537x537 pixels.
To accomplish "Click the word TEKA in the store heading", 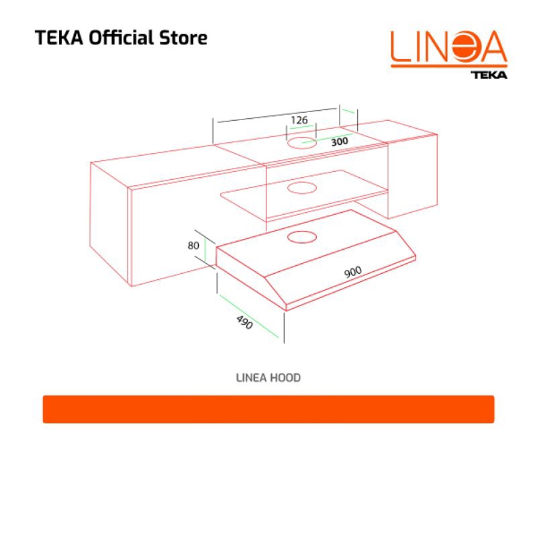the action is (59, 38).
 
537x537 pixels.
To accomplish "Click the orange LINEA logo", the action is (449, 48).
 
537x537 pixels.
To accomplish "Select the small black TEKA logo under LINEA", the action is (489, 75).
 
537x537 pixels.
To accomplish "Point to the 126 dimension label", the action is (299, 120).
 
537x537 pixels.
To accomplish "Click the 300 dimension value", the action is (340, 141).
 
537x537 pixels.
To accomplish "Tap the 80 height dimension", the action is (193, 245).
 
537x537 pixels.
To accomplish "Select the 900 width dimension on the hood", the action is (353, 272).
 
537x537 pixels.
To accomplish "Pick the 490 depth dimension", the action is (244, 322).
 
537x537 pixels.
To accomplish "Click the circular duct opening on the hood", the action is (301, 237).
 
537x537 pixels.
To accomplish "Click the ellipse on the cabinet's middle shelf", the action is (301, 188).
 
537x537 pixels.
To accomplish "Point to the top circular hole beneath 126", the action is (301, 143).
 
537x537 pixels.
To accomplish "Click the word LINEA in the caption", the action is (251, 378).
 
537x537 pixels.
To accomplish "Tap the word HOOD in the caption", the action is (286, 378).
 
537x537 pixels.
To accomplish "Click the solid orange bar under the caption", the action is (268, 409).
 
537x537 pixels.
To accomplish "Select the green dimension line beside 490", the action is (249, 316).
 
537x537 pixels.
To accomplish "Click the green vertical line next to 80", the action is (205, 250).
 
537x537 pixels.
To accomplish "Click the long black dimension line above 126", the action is (277, 115).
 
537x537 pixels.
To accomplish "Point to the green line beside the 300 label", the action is (327, 138).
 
